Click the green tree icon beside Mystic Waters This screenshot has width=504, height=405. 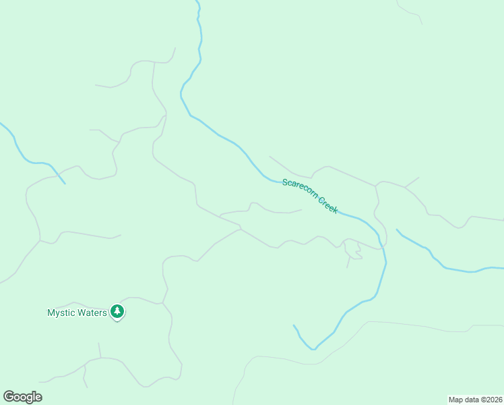pos(118,311)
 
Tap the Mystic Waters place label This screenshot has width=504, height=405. pos(77,313)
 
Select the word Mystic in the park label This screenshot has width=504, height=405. pos(61,313)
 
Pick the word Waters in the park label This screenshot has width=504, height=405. pos(91,313)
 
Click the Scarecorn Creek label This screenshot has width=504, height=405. pos(310,196)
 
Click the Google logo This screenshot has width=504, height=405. pos(22,397)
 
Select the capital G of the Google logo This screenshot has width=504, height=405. pos(9,396)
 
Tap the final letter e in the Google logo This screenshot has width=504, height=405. pos(38,398)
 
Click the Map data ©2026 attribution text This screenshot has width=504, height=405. pos(475,400)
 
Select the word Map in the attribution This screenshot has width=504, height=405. pos(455,400)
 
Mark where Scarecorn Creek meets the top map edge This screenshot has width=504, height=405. pos(197,1)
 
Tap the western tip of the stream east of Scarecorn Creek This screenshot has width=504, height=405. pos(397,230)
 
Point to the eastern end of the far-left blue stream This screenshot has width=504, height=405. pos(65,183)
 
